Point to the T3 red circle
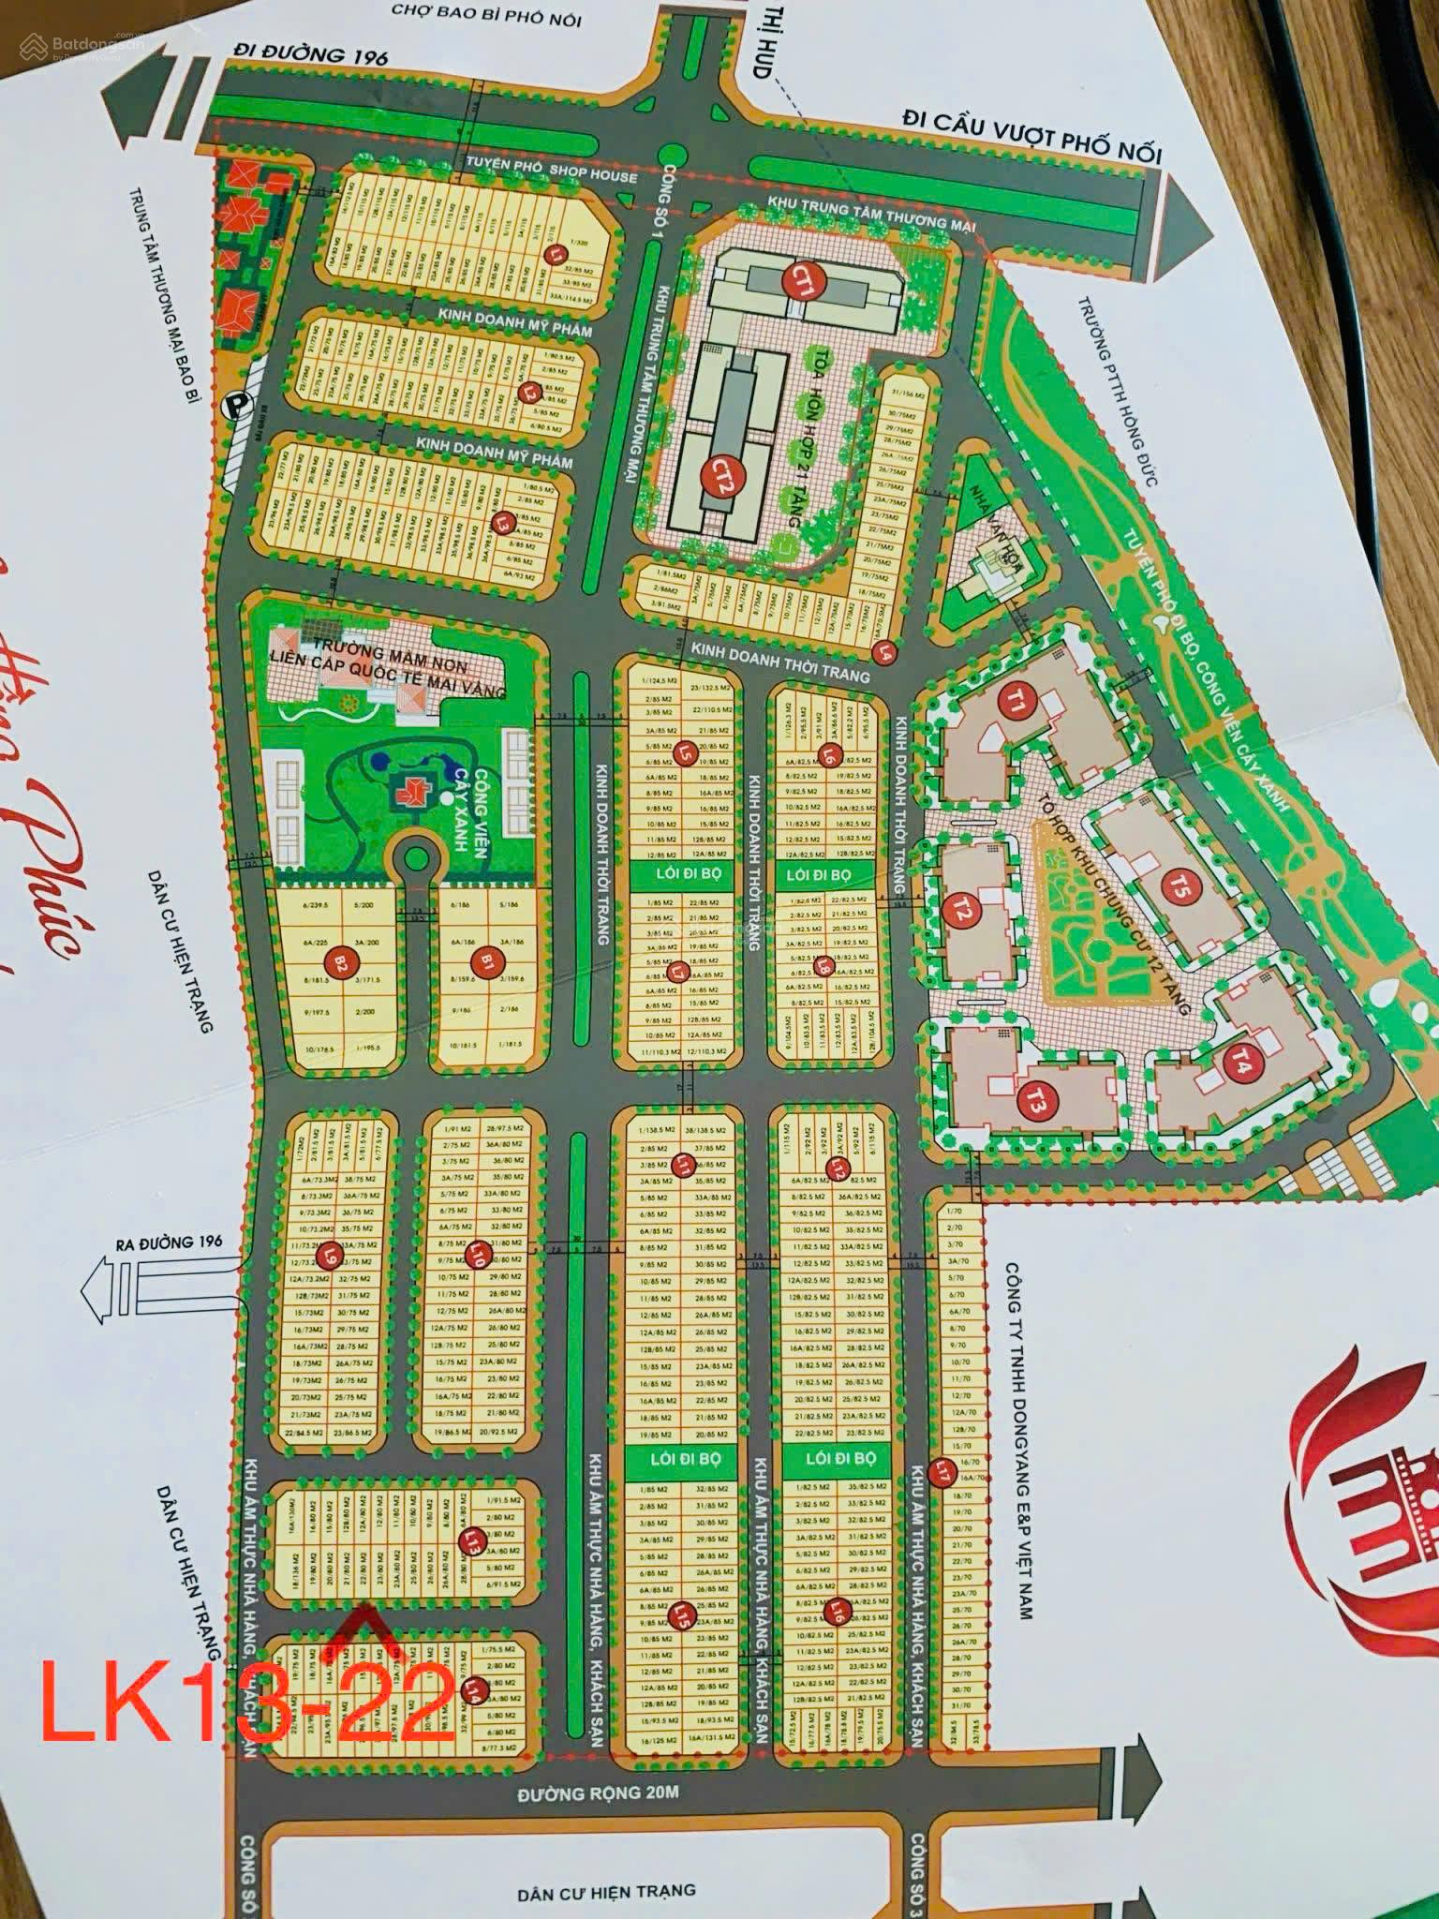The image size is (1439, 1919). (x=1034, y=1103)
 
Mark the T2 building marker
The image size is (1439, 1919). (x=958, y=910)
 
